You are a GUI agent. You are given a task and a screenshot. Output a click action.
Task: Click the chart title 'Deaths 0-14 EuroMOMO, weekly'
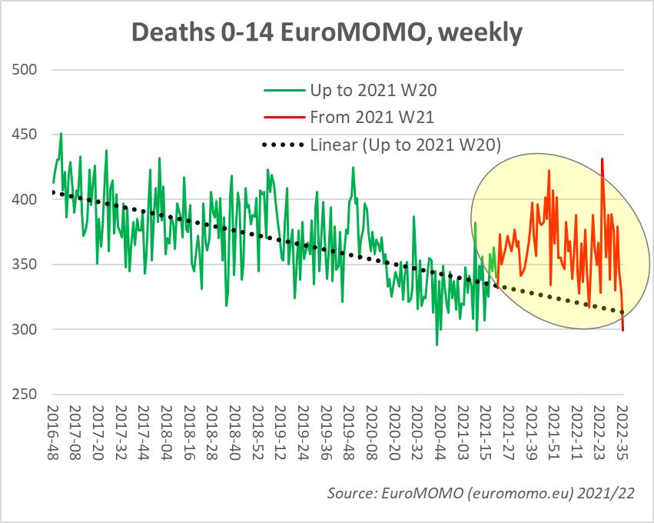(x=327, y=32)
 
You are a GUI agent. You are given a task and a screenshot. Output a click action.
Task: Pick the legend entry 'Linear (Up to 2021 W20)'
(x=405, y=144)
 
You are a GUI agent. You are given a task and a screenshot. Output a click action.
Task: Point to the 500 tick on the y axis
(x=26, y=70)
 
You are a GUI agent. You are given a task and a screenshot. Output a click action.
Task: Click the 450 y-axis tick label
(x=26, y=135)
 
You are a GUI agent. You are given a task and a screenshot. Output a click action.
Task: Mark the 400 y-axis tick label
(x=26, y=200)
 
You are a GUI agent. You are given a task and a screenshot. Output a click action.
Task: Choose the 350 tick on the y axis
(x=26, y=265)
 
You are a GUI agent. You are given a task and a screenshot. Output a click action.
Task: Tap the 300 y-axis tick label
(x=26, y=330)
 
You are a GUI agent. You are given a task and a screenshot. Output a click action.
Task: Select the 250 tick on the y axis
(x=26, y=395)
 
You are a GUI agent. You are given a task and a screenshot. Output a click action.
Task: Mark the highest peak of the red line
(x=602, y=159)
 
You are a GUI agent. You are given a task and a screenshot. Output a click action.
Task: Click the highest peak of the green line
(x=61, y=133)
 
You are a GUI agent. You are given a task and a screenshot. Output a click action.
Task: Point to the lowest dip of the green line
(x=437, y=345)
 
